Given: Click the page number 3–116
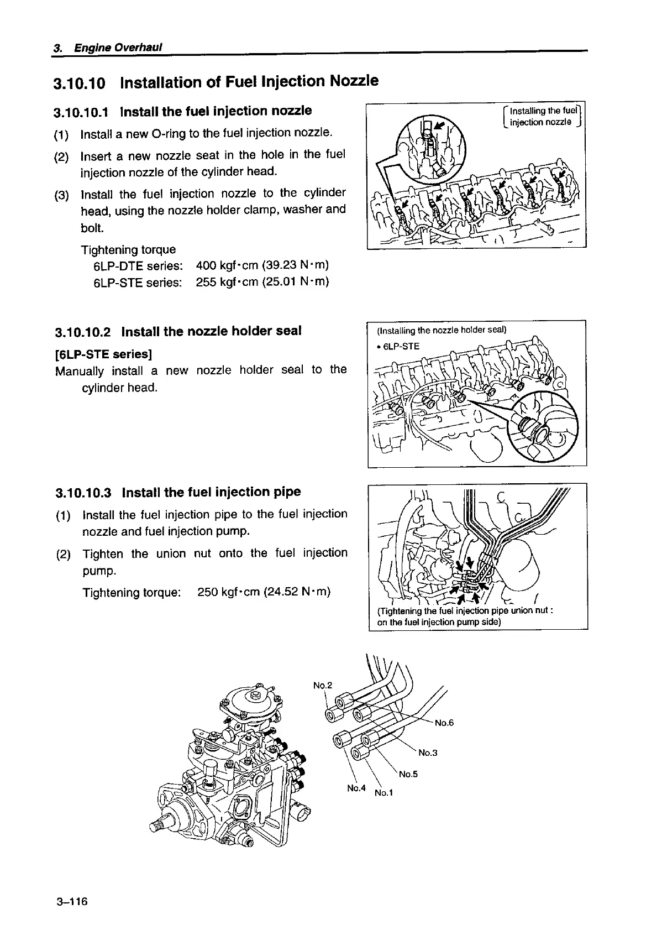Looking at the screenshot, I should (72, 902).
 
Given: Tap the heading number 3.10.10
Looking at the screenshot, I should (78, 83).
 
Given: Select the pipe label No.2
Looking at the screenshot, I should (322, 686).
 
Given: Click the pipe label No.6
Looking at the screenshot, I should (444, 723).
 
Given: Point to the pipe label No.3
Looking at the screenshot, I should (428, 753).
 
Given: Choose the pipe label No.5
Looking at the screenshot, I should (408, 774).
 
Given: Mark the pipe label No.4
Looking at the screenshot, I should (356, 787).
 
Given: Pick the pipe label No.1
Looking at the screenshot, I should (383, 793).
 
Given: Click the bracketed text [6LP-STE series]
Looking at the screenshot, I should (104, 353).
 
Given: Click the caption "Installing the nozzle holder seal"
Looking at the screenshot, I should (441, 331).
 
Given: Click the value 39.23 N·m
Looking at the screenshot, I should (296, 265).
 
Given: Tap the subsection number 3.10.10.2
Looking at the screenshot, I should (83, 332).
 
